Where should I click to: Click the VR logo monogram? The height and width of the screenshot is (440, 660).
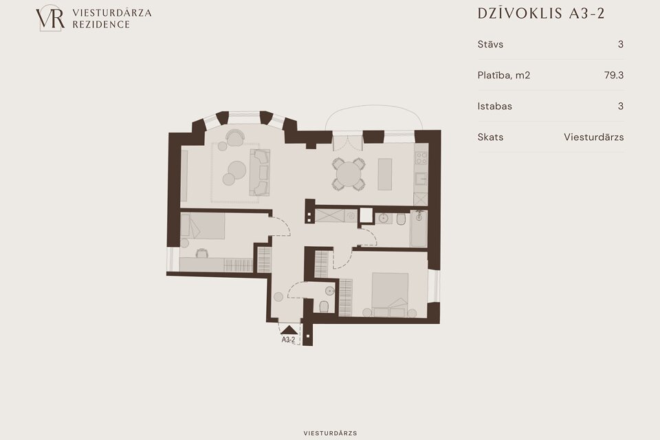(50, 18)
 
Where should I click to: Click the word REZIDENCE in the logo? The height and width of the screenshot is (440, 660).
(101, 25)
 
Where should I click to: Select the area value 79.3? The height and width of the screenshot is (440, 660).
(614, 75)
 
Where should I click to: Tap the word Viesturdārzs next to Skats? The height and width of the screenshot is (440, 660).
(593, 137)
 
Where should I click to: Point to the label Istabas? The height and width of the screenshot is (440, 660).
(494, 106)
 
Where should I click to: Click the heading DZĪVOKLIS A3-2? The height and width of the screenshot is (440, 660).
(541, 14)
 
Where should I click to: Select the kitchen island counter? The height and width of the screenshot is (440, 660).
(385, 175)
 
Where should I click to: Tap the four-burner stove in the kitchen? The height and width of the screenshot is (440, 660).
(421, 158)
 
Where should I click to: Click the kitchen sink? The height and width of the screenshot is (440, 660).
(421, 179)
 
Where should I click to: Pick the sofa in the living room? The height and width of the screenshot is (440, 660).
(260, 172)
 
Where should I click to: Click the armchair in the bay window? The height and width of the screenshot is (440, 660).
(234, 137)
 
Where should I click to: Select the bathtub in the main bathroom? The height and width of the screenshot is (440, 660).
(419, 229)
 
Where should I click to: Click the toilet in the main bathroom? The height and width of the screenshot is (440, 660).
(401, 219)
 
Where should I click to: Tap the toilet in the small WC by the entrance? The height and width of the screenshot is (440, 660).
(324, 306)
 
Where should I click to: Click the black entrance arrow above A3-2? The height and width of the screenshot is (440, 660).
(289, 330)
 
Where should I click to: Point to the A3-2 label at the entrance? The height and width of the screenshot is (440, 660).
(288, 340)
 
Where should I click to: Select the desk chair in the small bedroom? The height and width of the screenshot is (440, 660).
(202, 252)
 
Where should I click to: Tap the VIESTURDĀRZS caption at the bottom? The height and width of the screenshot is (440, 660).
(331, 433)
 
